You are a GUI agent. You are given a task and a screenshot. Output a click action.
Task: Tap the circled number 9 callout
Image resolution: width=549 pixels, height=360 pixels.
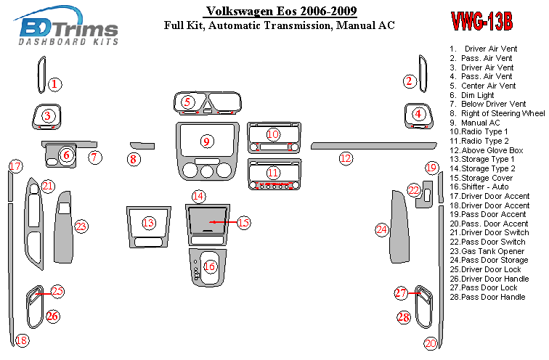coord(206,141)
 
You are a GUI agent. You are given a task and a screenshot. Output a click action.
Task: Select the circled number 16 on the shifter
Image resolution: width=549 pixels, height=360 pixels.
coord(210,266)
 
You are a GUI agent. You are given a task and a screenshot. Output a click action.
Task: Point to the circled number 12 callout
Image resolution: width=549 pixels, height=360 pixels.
coord(346,157)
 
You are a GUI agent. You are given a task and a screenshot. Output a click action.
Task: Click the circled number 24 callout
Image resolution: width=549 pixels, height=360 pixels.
coord(382,229)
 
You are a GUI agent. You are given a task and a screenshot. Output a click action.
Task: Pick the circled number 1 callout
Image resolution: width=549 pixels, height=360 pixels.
coord(54,84)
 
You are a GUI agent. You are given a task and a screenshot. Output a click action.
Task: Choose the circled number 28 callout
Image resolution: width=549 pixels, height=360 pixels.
coord(404,316)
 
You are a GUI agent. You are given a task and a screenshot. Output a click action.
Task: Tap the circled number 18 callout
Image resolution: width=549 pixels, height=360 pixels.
coord(23,340)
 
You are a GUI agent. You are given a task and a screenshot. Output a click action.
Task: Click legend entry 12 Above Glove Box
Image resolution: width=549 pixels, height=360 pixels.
coord(486,150)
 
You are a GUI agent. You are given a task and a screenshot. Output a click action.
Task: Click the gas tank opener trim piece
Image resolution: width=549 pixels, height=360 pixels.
coord(63,228)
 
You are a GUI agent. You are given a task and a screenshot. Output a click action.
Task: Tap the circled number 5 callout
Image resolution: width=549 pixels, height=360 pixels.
coord(187,102)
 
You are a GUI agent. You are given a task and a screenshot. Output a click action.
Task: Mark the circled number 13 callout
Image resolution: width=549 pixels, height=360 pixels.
coord(149,223)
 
